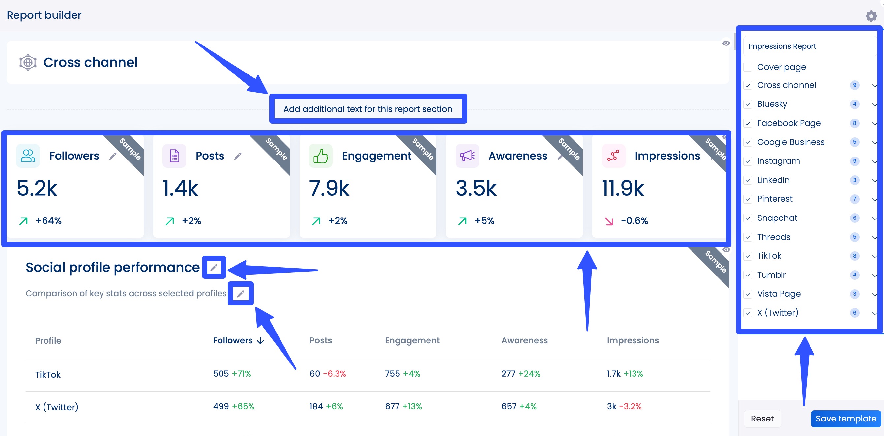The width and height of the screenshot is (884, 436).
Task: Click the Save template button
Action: [x=845, y=419]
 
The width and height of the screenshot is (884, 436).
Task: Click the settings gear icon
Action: [x=871, y=16]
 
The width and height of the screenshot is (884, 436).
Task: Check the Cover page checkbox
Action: [x=748, y=67]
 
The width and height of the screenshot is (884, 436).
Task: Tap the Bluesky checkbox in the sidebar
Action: [x=748, y=104]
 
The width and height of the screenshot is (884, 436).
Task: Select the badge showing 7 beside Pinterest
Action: [x=854, y=199]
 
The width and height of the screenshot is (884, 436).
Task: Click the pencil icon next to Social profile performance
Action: [x=214, y=267]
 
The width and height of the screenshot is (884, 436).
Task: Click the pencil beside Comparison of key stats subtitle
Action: [x=241, y=294]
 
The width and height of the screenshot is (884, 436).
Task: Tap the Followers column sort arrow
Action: [x=261, y=341]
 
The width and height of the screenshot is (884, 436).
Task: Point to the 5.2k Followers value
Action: [x=37, y=188]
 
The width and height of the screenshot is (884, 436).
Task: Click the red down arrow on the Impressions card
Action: [x=609, y=221]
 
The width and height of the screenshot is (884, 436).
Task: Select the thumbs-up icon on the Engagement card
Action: [x=320, y=156]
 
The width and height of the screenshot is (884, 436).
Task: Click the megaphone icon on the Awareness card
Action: [x=467, y=156]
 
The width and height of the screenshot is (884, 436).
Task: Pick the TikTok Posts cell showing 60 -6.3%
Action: [x=327, y=374]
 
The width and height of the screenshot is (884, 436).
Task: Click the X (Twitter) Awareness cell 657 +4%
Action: [x=518, y=406]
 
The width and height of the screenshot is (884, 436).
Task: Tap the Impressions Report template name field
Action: [x=809, y=46]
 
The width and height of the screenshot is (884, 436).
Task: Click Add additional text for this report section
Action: [x=368, y=109]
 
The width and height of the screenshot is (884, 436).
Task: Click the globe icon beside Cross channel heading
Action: [x=28, y=62]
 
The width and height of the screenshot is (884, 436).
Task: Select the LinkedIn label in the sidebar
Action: [x=773, y=180]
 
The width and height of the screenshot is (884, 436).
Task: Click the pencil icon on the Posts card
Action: [x=238, y=157]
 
